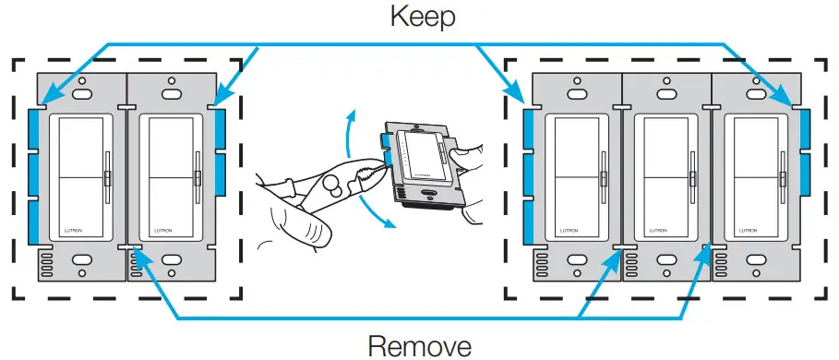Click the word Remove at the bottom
(x=420, y=346)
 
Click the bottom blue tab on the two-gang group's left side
(x=35, y=224)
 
